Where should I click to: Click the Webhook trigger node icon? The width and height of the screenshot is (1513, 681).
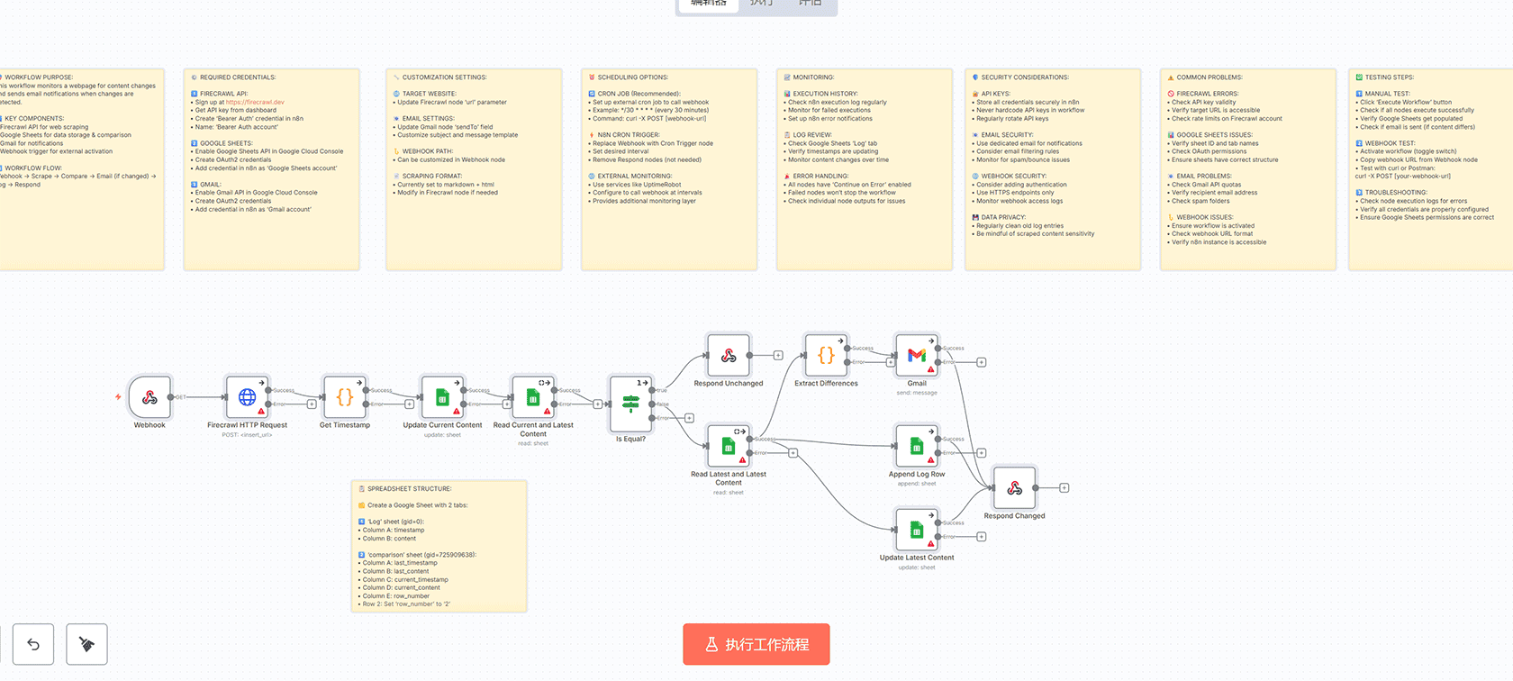click(x=149, y=397)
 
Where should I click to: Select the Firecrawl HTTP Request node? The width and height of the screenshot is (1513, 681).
click(x=247, y=397)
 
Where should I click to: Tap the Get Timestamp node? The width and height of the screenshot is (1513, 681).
click(x=344, y=397)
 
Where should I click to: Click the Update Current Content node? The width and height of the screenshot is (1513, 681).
click(x=442, y=397)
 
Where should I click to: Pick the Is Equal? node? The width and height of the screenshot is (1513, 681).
click(x=630, y=404)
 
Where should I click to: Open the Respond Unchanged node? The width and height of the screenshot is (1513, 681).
click(x=729, y=356)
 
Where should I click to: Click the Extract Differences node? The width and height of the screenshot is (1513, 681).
click(x=826, y=356)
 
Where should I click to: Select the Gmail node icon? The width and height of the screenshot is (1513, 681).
click(x=917, y=356)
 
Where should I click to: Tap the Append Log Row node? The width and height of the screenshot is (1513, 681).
click(x=917, y=446)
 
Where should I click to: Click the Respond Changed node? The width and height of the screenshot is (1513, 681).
click(x=1014, y=488)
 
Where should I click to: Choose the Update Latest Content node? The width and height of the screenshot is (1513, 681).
click(x=917, y=530)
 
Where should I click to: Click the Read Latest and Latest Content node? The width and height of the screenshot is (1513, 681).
click(x=729, y=446)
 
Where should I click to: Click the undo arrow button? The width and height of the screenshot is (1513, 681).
click(x=33, y=644)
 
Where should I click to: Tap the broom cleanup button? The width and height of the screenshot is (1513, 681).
click(x=86, y=644)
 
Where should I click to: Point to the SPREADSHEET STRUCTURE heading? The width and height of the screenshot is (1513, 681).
click(x=409, y=489)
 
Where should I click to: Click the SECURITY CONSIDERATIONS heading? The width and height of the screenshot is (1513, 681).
click(x=1024, y=77)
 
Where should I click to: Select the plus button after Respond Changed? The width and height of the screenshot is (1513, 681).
click(x=1064, y=488)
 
